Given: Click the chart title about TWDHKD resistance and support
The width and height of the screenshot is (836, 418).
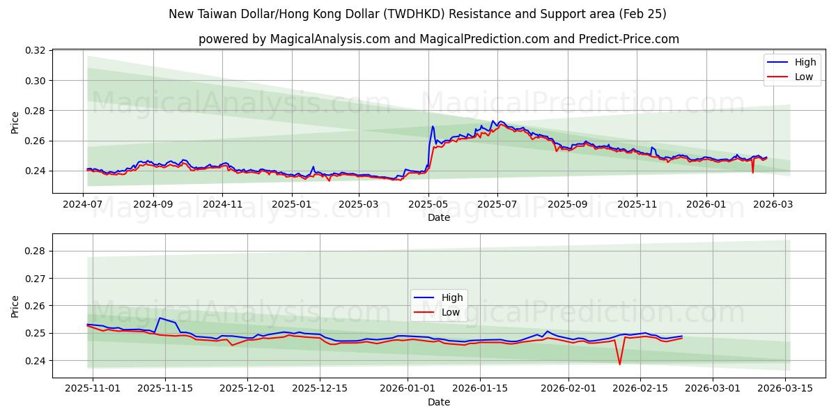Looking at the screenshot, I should tap(417, 14).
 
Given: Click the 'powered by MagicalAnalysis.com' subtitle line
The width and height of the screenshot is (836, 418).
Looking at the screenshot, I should tap(438, 39).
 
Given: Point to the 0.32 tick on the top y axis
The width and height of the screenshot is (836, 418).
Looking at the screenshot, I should tap(36, 51).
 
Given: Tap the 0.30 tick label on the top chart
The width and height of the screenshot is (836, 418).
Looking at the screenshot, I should tap(36, 81).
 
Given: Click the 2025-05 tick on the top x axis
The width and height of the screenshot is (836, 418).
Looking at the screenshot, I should tap(428, 205).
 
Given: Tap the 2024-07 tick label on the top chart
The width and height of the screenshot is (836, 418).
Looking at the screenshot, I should tap(84, 205).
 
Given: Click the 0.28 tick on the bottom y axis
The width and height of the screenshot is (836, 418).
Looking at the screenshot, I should tap(36, 251).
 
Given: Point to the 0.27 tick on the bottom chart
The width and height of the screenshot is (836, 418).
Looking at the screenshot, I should tap(36, 279).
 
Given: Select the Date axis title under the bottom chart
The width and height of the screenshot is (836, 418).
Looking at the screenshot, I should tap(438, 402).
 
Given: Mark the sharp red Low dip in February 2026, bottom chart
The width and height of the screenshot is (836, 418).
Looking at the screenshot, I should tap(619, 364).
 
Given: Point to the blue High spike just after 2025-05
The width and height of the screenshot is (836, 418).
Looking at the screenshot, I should tap(433, 127).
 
